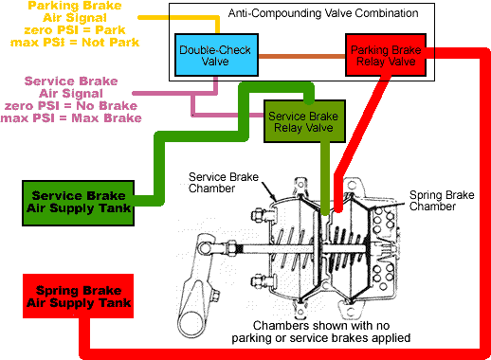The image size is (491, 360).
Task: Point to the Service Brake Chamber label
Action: click(x=223, y=182)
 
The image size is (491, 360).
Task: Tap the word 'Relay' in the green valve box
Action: click(x=288, y=128)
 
